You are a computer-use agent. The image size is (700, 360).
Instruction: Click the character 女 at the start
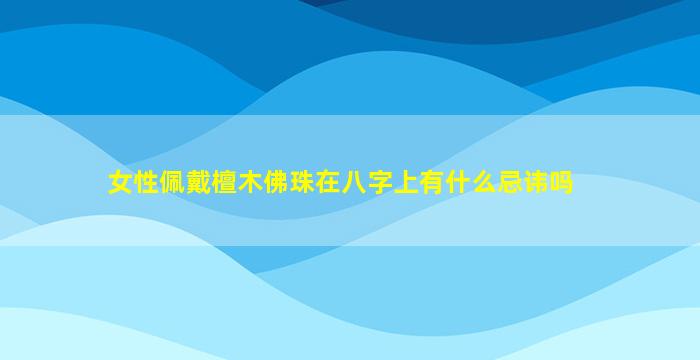click(121, 183)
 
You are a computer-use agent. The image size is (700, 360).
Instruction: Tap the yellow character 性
click(147, 183)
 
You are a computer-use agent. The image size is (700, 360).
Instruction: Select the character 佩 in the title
click(173, 183)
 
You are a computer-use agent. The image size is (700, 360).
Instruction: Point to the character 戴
click(199, 183)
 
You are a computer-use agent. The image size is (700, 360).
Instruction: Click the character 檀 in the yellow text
click(225, 183)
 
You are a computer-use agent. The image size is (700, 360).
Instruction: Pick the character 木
click(250, 183)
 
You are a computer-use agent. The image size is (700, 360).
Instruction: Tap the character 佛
click(276, 183)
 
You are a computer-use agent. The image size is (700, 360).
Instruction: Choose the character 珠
click(302, 183)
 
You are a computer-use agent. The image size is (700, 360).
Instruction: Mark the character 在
click(328, 183)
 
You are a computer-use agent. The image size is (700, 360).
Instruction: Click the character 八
click(354, 183)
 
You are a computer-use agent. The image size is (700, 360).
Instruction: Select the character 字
click(380, 183)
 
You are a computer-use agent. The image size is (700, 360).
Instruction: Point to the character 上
click(406, 183)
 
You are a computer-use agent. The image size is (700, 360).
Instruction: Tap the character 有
click(432, 183)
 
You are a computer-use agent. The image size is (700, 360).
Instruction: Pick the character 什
click(458, 183)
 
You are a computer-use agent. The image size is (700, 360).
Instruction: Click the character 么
click(483, 183)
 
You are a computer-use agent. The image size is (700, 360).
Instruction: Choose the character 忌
click(509, 183)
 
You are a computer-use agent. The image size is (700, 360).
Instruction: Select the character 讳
click(535, 183)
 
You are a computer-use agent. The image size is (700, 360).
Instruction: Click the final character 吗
click(561, 183)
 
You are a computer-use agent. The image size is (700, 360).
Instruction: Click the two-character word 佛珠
click(289, 183)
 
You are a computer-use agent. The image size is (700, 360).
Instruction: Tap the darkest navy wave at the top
click(491, 18)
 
